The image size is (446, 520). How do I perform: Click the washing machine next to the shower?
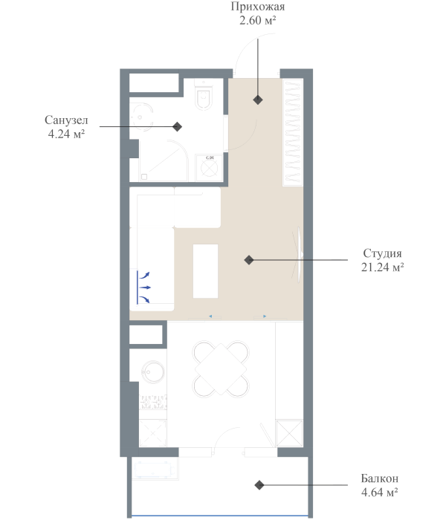pyautogui.click(x=209, y=167)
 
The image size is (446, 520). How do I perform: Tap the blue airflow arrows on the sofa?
pyautogui.click(x=144, y=286)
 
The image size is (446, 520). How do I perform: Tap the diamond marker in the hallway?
pyautogui.click(x=258, y=100)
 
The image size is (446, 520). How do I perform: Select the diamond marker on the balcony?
pyautogui.click(x=259, y=485)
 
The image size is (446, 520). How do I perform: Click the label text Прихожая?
pyautogui.click(x=258, y=7)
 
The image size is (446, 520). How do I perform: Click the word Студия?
pyautogui.click(x=383, y=253)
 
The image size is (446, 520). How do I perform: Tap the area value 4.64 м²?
pyautogui.click(x=379, y=491)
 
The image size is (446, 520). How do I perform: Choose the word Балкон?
pyautogui.click(x=379, y=478)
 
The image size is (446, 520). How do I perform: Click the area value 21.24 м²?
pyautogui.click(x=383, y=267)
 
